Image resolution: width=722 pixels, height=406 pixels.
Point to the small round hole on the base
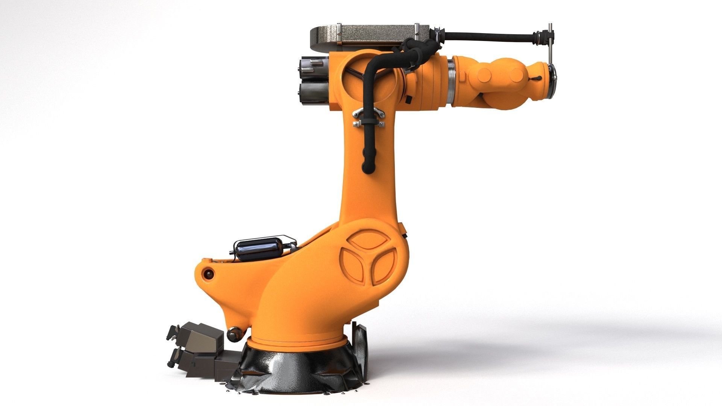[208, 274]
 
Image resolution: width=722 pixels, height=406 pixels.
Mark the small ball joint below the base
[234, 333]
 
